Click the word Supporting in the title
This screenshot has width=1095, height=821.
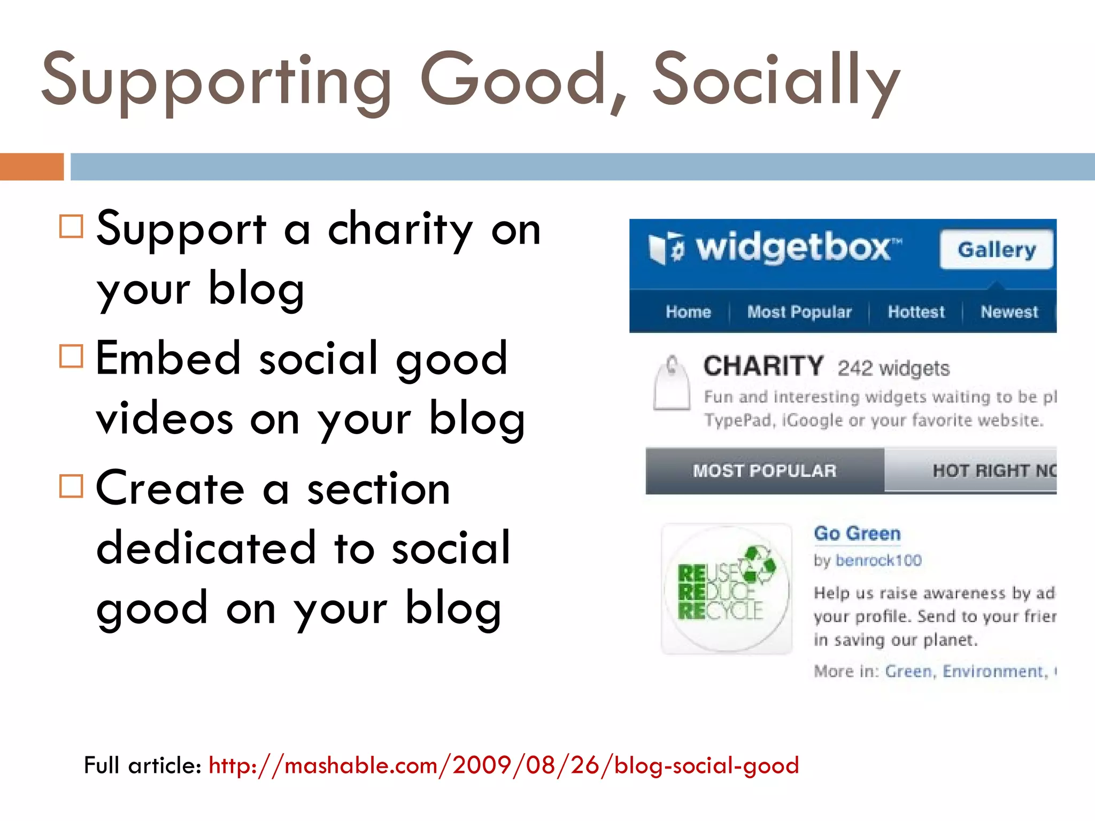pos(217,80)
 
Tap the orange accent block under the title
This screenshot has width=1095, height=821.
pos(32,167)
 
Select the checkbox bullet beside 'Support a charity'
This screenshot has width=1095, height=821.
pos(71,226)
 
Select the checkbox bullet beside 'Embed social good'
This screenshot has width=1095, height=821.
pos(71,356)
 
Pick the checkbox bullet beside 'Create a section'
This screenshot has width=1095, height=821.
pos(71,486)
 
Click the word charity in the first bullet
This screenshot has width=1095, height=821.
pos(400,230)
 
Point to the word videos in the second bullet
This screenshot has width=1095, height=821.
pos(165,419)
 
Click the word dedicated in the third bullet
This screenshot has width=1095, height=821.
pos(206,548)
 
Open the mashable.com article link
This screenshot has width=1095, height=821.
pos(503,765)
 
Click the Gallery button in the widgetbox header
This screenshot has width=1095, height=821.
pos(996,250)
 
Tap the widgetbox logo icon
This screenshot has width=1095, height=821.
pos(665,249)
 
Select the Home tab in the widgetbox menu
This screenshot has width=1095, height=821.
pos(688,312)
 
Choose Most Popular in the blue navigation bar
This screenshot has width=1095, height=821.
pos(799,312)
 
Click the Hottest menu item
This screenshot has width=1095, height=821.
pos(916,312)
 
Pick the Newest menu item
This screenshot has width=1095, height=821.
pos(1009,312)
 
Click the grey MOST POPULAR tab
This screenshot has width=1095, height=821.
pos(765,471)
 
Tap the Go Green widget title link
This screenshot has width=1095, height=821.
pos(857,533)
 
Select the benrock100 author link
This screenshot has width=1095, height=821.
pos(878,560)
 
